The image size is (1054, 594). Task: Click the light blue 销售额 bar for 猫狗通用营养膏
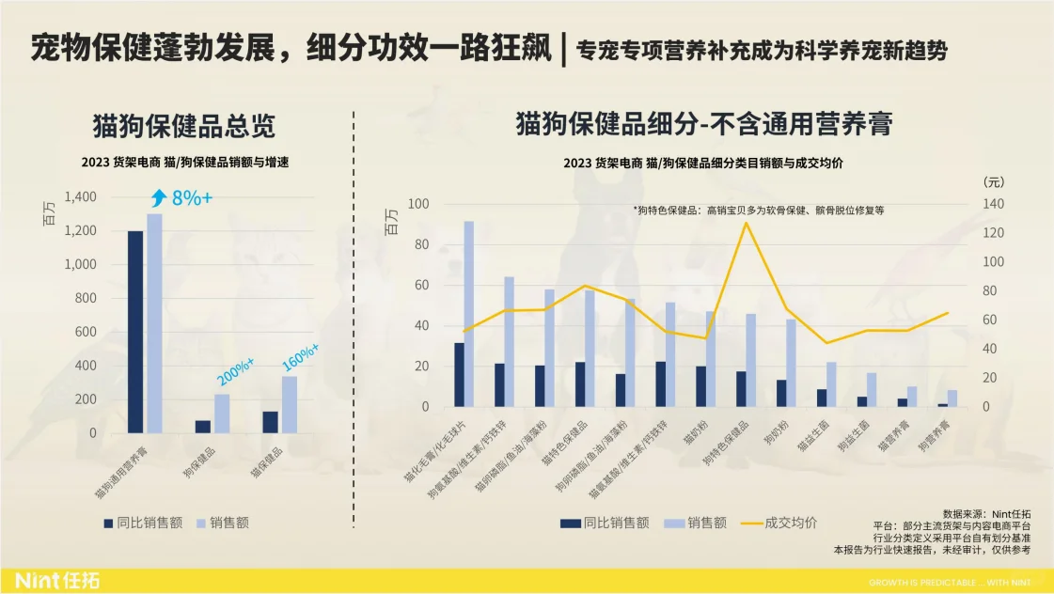(154, 323)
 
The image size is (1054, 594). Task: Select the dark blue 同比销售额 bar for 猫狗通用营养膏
(135, 332)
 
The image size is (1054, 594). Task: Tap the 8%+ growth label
(191, 197)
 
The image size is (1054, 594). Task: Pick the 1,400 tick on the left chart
(80, 197)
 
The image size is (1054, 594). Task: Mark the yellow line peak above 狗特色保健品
(746, 223)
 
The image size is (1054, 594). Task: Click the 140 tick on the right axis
(994, 204)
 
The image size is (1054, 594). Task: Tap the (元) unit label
(993, 181)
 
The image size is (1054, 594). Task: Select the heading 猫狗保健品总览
(184, 126)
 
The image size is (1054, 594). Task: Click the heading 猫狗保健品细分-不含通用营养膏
(703, 124)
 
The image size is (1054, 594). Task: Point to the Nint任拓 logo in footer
(57, 580)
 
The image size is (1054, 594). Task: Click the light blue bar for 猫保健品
(290, 404)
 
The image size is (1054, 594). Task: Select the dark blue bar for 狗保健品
(203, 427)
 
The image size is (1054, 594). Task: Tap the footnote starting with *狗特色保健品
(759, 211)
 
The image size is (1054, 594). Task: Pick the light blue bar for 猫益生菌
(831, 384)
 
